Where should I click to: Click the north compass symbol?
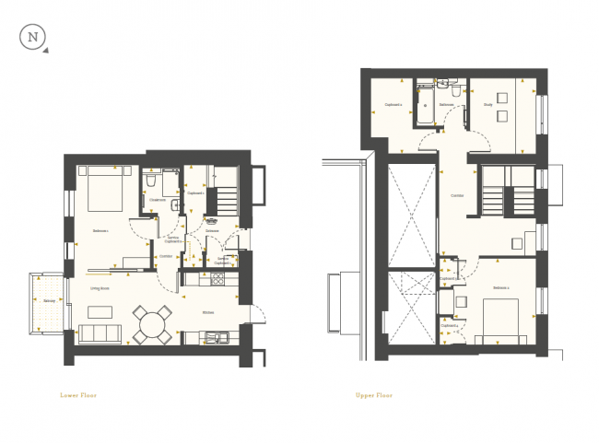point(34,39)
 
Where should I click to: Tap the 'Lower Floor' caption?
point(77,394)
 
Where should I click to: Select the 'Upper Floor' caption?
point(374,394)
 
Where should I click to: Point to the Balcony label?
point(49,300)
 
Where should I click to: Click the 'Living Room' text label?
point(100,287)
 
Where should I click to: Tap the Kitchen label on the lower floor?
point(210,312)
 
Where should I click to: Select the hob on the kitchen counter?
point(219,278)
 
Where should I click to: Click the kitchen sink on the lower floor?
point(211,337)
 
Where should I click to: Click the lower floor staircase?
point(227,199)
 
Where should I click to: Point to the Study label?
point(488,104)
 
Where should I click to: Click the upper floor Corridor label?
point(457,196)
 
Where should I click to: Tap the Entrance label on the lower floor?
point(210,231)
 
